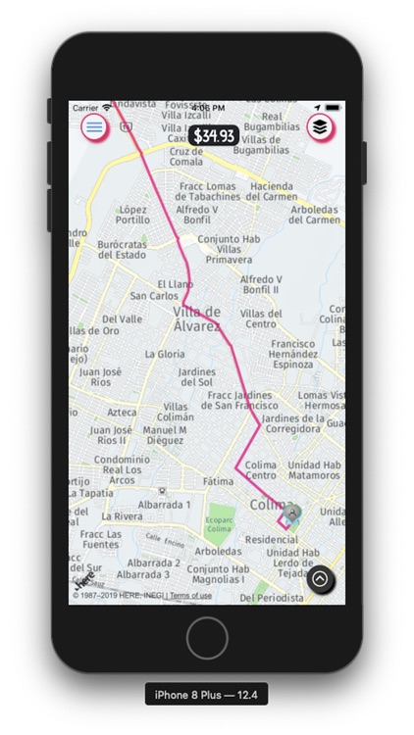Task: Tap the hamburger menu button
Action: point(94,126)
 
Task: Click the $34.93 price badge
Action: point(214,136)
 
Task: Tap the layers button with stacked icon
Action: point(320,126)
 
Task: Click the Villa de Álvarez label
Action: point(196,318)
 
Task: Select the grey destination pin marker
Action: point(291,512)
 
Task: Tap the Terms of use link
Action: point(190,596)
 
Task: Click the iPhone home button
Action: point(207,638)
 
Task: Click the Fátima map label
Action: point(218,482)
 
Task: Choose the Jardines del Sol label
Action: point(197,377)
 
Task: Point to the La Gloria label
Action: point(164,354)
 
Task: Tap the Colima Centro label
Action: point(260,470)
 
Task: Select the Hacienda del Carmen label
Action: point(273,191)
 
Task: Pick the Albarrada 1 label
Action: point(164,504)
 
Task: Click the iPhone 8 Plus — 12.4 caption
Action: point(206,695)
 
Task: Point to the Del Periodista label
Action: point(274,597)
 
